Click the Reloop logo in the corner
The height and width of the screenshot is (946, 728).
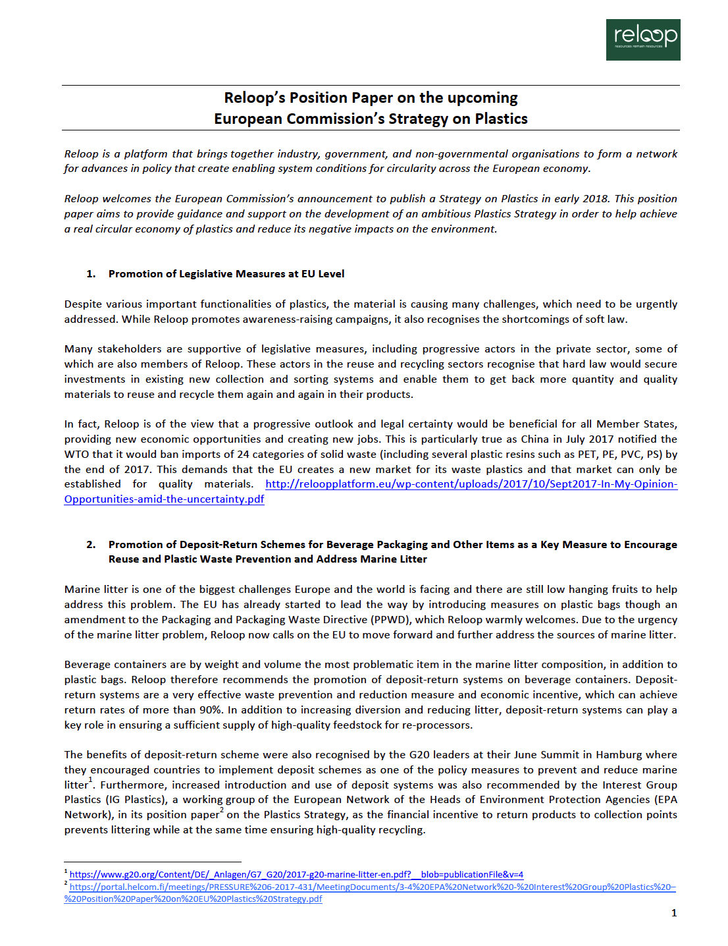[x=642, y=40]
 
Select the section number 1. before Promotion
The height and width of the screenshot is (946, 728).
[x=91, y=274]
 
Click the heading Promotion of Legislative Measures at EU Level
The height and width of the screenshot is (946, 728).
[x=226, y=274]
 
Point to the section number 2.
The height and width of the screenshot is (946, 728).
[x=91, y=545]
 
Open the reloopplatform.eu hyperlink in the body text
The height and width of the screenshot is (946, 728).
[x=471, y=484]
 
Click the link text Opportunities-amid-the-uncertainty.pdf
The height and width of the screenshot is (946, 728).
[x=164, y=499]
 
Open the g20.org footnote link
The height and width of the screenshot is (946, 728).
[x=296, y=875]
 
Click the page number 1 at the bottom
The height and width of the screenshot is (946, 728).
[x=673, y=913]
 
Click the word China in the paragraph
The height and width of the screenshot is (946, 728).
[x=534, y=439]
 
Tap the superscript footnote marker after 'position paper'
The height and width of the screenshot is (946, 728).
[x=222, y=811]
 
